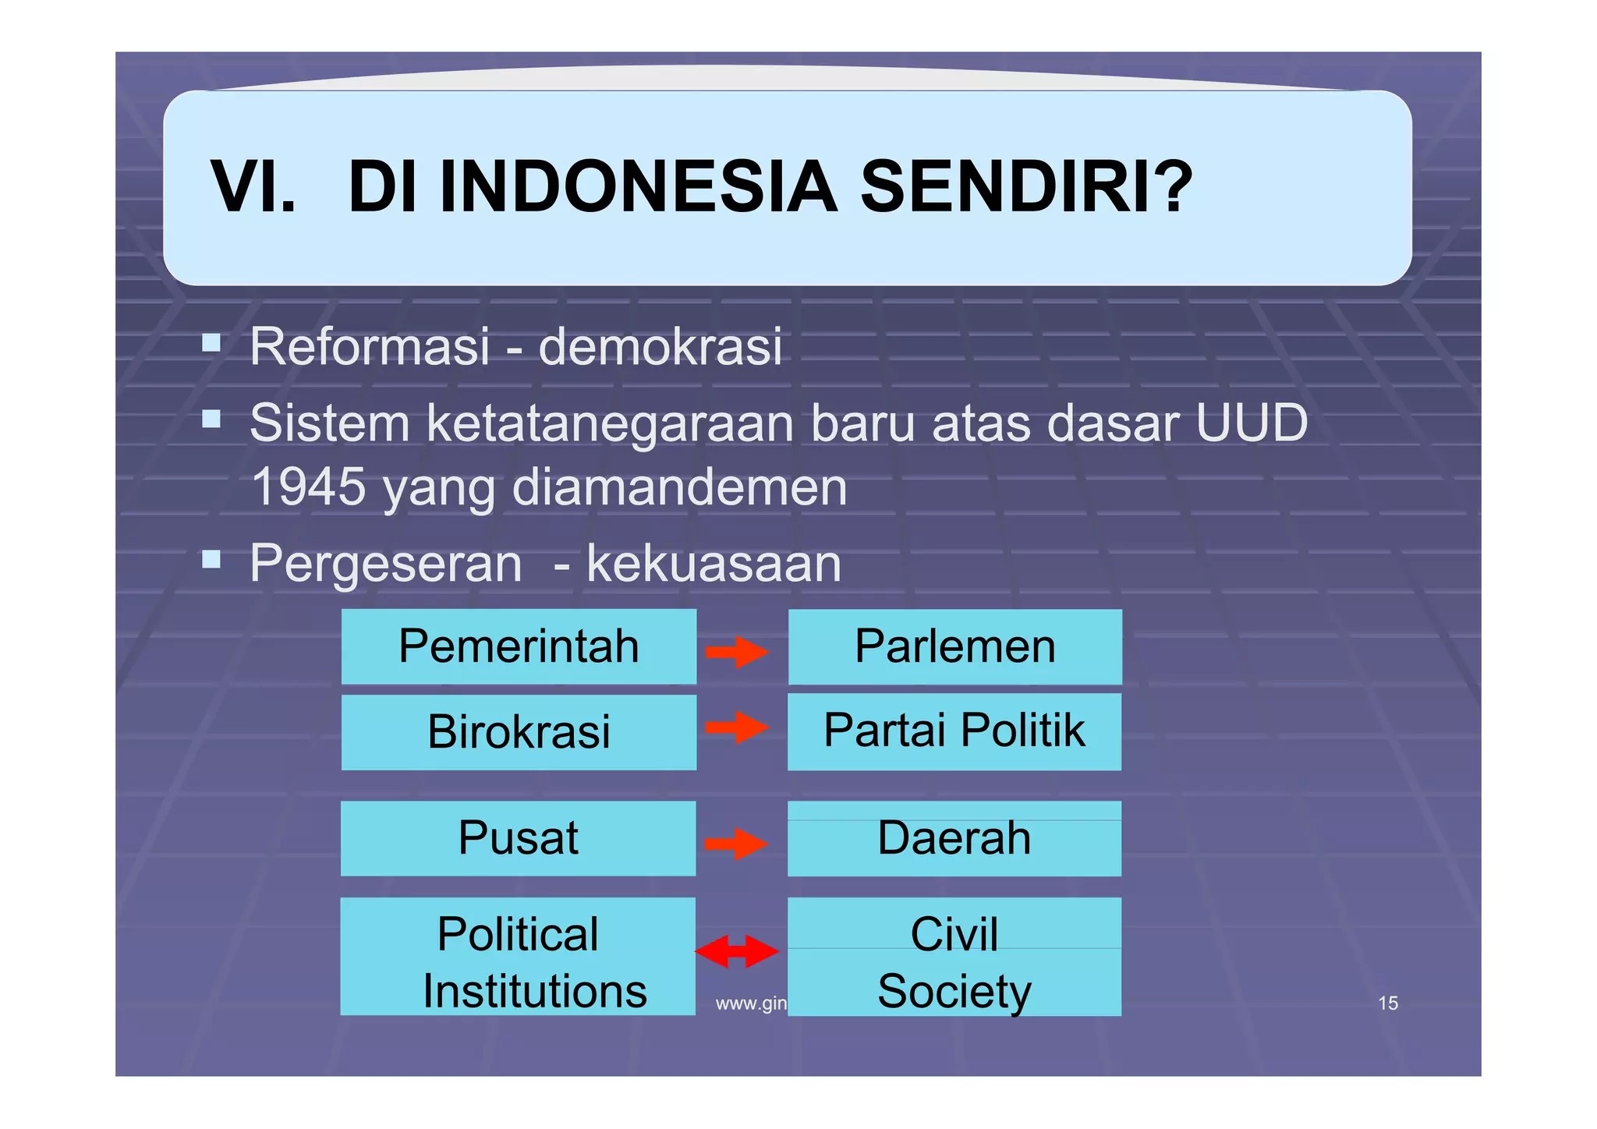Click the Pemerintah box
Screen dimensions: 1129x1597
point(519,646)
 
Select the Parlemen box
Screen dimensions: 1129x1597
point(954,646)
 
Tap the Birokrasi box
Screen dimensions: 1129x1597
point(519,732)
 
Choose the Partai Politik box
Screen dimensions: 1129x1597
point(954,731)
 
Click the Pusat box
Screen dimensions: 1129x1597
point(518,838)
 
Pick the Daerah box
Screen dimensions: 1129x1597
point(954,838)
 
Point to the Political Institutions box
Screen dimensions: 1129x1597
point(518,956)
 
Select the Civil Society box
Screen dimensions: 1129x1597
point(954,957)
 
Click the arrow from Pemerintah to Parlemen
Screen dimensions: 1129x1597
point(737,652)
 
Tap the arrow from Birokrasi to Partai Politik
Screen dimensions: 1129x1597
point(737,727)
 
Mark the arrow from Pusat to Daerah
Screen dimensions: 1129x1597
point(736,844)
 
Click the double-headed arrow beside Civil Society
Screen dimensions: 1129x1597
point(737,951)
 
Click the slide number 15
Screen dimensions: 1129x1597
point(1388,1003)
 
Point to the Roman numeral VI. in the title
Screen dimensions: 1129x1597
point(253,187)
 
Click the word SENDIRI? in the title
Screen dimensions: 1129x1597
point(1026,187)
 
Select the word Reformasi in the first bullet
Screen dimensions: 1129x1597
point(370,346)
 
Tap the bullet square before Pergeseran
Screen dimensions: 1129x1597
point(211,559)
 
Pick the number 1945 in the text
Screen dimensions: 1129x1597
point(309,487)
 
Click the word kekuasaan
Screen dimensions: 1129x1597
point(714,563)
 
